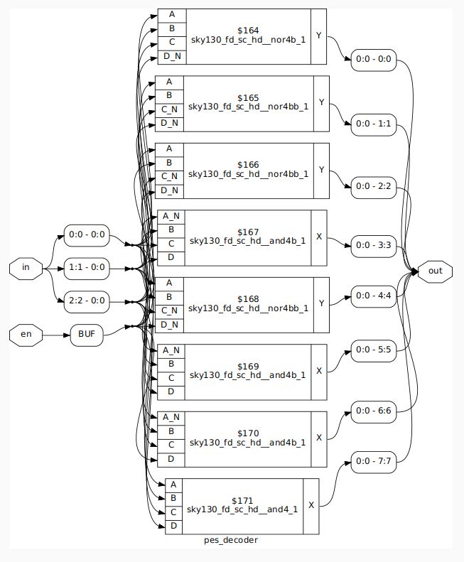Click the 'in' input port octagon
26,267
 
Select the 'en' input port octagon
26,334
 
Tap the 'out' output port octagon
435,271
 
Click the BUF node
87,334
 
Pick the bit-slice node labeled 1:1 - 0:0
86,267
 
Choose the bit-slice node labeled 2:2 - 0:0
86,301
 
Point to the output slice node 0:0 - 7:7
374,462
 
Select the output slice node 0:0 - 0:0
374,58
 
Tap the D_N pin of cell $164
171,57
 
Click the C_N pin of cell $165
169,109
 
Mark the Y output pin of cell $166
321,170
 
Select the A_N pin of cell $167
171,216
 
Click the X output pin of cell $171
311,506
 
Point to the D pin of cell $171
173,526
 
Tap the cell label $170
249,433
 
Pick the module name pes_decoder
231,540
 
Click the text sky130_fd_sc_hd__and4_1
243,509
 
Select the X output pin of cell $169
319,371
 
